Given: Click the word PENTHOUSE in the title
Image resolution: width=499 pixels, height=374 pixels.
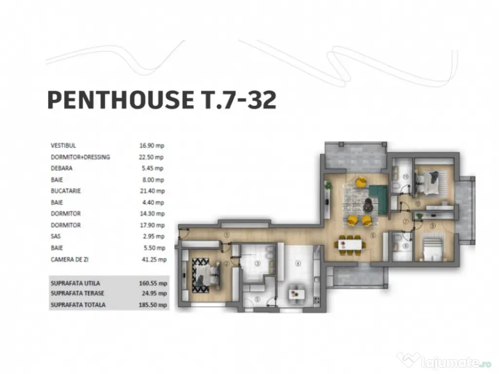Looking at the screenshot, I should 119,100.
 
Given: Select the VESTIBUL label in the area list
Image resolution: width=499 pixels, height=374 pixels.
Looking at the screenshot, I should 63,146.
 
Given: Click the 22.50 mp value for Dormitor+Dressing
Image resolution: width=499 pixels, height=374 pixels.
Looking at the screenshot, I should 151,157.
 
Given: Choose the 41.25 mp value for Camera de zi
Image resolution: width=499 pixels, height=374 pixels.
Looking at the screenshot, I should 153,260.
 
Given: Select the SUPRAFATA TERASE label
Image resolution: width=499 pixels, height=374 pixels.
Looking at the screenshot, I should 78,294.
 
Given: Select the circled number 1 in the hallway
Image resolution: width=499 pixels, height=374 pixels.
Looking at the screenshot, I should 227,234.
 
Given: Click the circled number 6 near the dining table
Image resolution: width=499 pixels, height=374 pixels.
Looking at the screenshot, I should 373,236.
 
